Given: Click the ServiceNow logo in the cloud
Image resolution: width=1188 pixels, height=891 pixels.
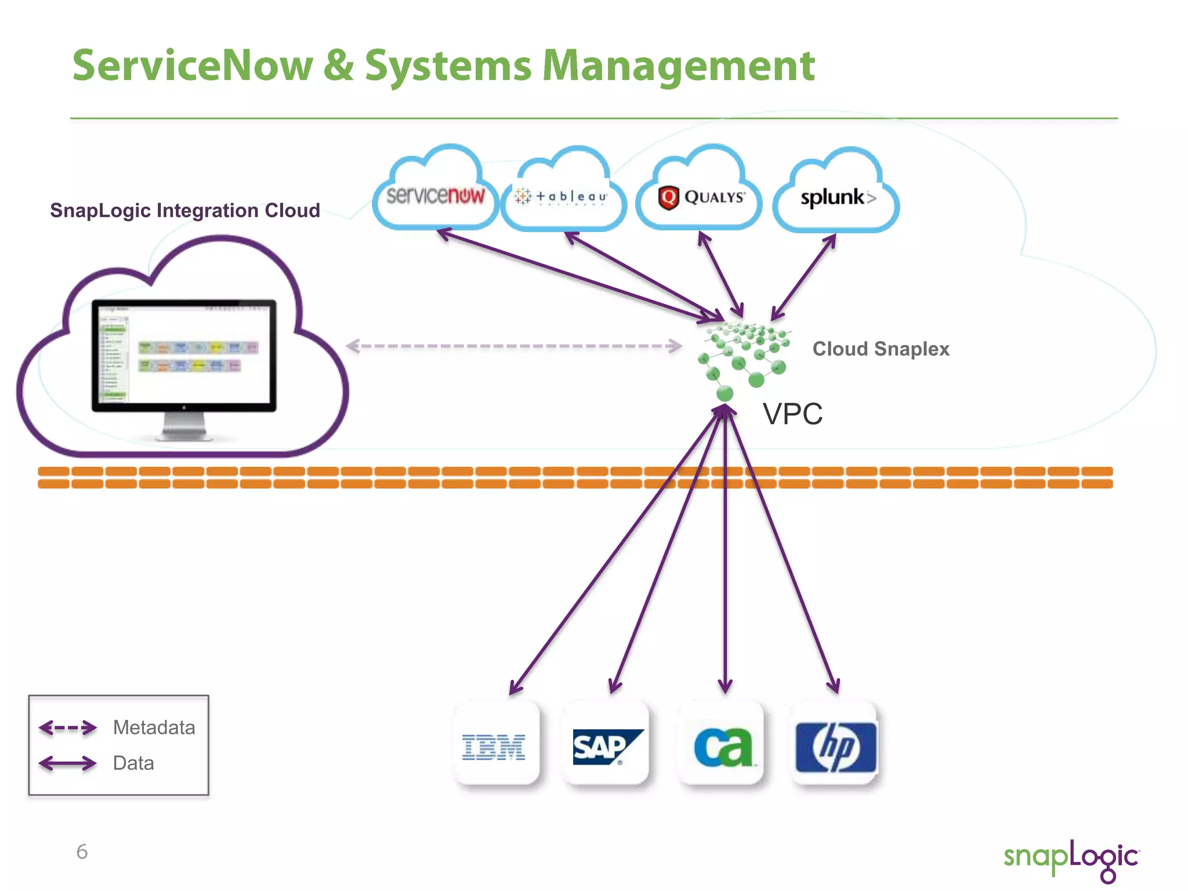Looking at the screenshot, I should pos(435,196).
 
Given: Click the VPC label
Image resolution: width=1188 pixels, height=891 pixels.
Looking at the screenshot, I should pos(792,414).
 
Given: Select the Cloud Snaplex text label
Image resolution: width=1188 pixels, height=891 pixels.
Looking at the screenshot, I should pos(881,349).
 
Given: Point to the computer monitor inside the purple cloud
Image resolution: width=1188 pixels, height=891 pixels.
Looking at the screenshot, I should pos(184,357).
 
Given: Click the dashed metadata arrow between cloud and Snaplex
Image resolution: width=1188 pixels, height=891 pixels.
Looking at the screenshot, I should pos(514,346).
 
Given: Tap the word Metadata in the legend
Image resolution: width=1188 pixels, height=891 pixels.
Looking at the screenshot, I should pos(154,727).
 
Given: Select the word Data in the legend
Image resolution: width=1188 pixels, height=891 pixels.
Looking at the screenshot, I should pos(133,763).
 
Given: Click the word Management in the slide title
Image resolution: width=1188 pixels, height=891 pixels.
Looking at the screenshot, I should pos(678,66).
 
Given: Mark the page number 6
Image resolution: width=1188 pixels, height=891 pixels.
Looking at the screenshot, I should pos(82,852).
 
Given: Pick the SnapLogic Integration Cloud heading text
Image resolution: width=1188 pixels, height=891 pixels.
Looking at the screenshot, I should pos(184,210).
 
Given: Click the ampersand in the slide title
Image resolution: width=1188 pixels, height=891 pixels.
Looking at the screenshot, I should pos(338,65).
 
